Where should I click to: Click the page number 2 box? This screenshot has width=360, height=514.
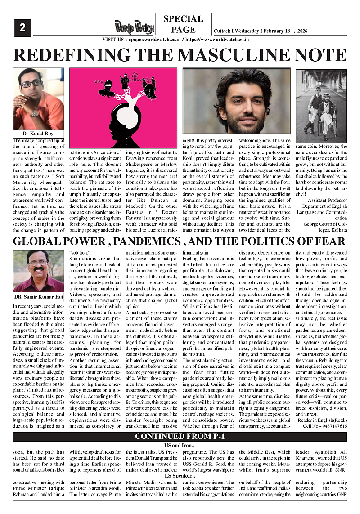point(22,27)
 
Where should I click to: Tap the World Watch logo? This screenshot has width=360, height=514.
point(134,27)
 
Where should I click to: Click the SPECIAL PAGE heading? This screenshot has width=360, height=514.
point(183,24)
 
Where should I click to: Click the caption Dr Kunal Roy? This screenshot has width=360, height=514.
point(38,134)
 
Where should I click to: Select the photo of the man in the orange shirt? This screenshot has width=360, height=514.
point(38,99)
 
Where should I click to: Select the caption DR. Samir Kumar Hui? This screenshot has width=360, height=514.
point(38,297)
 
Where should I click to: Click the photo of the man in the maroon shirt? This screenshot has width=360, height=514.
point(38,271)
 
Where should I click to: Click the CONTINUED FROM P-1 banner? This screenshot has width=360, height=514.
point(180,437)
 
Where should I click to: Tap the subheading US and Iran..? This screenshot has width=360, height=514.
point(180,445)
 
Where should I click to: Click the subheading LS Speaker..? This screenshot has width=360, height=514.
point(180,475)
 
